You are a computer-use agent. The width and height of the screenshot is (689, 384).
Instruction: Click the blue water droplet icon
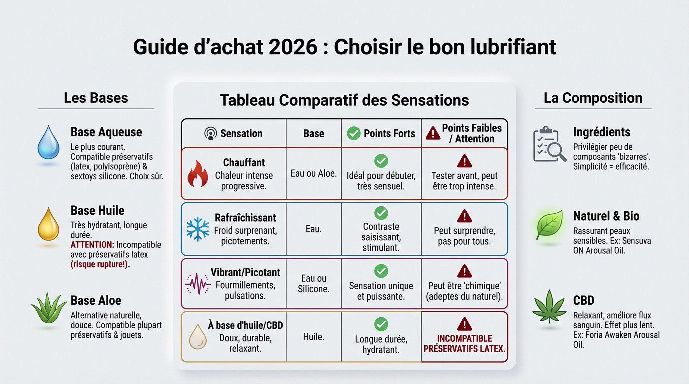click(48, 143)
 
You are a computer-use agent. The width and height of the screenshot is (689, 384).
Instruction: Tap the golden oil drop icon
click(48, 224)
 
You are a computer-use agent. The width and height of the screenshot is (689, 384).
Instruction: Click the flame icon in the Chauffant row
click(197, 174)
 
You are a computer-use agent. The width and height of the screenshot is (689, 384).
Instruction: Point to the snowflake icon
click(197, 229)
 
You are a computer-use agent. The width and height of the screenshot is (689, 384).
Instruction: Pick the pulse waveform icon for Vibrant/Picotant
click(197, 284)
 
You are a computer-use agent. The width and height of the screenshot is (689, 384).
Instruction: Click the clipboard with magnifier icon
click(549, 144)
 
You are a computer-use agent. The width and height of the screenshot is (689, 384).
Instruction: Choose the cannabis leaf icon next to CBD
click(549, 306)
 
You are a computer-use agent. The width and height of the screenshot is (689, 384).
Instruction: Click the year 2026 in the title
click(293, 47)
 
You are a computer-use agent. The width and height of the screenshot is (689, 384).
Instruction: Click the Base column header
click(314, 133)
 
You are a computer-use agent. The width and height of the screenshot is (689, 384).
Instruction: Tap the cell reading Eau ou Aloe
click(314, 174)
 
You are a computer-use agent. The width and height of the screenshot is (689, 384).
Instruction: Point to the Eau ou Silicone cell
click(314, 283)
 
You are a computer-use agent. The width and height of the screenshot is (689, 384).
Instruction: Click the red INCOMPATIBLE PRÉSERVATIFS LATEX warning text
click(464, 343)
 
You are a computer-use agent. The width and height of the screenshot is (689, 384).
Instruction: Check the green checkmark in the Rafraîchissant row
click(381, 213)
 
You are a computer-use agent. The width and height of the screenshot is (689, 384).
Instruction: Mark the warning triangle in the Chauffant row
click(464, 161)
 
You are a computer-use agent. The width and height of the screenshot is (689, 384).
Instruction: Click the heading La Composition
click(593, 98)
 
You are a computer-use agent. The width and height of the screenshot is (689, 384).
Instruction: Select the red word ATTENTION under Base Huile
click(93, 245)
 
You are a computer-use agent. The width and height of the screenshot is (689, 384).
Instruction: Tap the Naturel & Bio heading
click(606, 216)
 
